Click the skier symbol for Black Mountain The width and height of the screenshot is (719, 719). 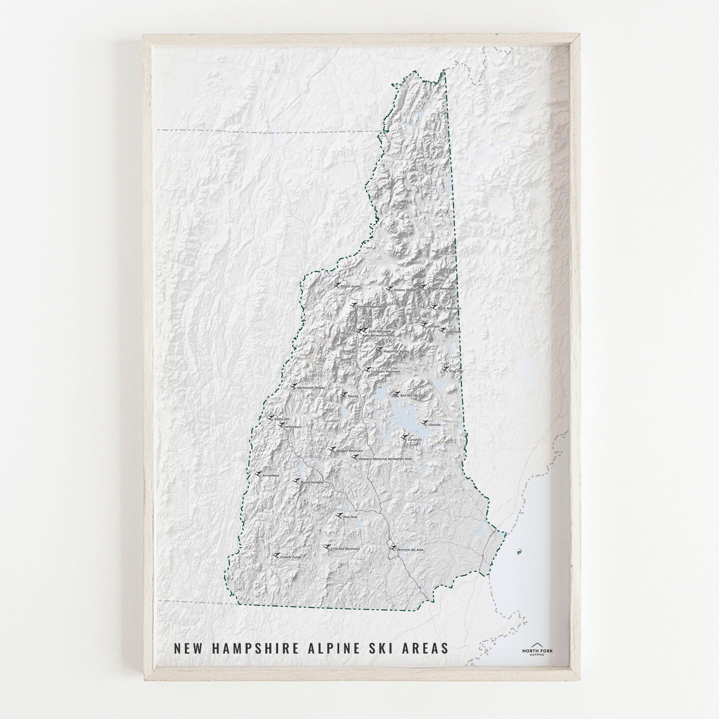coord(432,307)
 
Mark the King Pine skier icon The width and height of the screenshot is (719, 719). coord(444,369)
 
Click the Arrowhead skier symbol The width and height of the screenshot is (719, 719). coord(258,473)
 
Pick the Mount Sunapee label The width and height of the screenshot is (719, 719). coord(312,482)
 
